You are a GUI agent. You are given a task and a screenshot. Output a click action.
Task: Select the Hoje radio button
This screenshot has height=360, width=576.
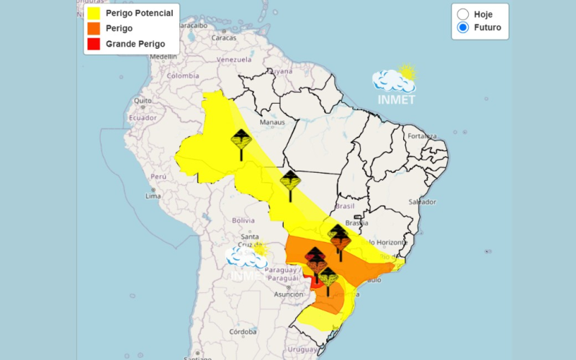(x=463, y=14)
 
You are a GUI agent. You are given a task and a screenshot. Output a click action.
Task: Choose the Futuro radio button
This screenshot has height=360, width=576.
(x=463, y=28)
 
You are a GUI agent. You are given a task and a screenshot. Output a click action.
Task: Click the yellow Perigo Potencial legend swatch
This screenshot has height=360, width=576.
(x=93, y=13)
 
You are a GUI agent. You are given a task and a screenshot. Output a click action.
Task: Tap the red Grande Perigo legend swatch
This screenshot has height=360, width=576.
(x=93, y=44)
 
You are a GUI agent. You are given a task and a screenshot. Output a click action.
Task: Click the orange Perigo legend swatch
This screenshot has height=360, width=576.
(x=93, y=28)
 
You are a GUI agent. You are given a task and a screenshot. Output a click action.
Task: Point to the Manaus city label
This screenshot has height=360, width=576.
(x=273, y=122)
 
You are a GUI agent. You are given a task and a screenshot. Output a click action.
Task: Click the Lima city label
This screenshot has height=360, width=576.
(x=153, y=196)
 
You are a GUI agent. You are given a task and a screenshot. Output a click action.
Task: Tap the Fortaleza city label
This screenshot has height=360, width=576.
(x=422, y=136)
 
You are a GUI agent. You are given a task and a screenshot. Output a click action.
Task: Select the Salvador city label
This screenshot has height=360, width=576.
(x=422, y=202)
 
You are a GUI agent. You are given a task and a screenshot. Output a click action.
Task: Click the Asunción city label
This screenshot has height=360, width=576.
(x=287, y=294)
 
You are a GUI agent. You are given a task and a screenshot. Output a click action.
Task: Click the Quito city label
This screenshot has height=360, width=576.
(x=142, y=100)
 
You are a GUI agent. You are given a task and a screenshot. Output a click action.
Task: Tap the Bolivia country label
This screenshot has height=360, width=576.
(x=243, y=220)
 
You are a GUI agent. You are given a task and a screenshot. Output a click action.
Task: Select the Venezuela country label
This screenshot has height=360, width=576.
(x=233, y=59)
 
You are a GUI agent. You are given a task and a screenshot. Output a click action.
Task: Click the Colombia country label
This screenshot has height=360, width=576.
(x=183, y=76)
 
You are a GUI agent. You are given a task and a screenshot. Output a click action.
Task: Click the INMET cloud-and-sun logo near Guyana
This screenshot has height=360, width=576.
(x=395, y=85)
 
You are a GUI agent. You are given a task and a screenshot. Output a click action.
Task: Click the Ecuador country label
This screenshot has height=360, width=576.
(x=143, y=117)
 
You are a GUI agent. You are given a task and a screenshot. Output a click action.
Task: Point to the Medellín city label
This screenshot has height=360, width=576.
(x=163, y=55)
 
